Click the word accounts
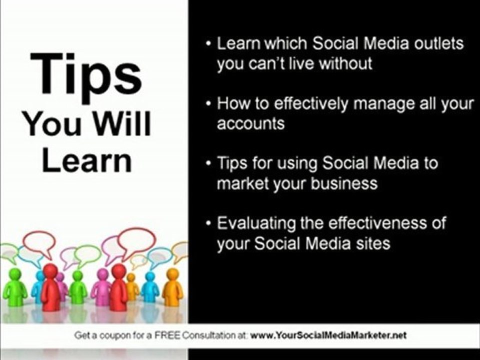pyautogui.click(x=250, y=124)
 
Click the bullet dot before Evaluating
pyautogui.click(x=208, y=223)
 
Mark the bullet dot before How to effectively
pyautogui.click(x=208, y=104)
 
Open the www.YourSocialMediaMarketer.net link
pyautogui.click(x=327, y=335)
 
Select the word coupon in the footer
pyautogui.click(x=106, y=335)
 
